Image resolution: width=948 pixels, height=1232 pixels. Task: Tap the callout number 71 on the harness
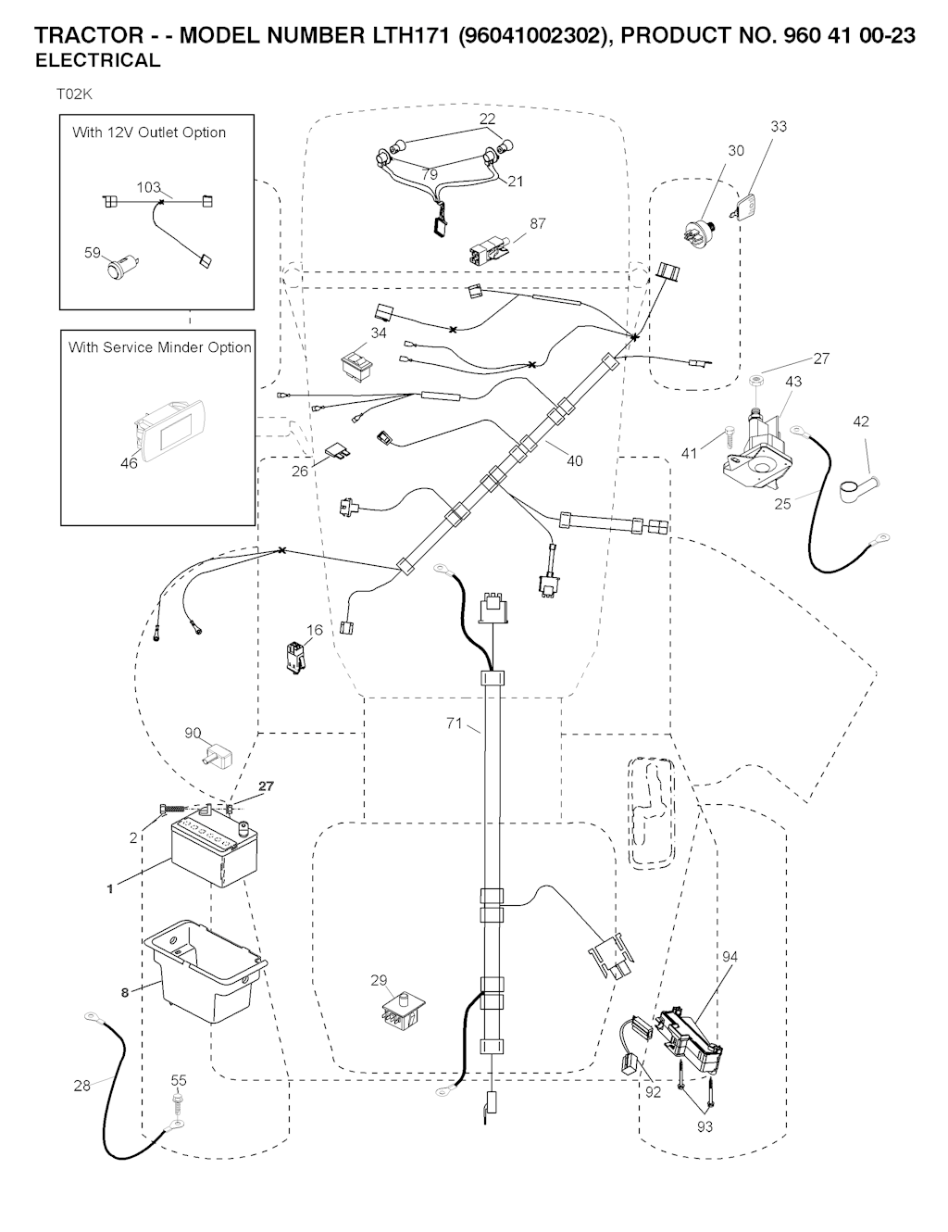[x=454, y=723]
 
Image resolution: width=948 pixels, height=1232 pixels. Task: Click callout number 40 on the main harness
[x=575, y=460]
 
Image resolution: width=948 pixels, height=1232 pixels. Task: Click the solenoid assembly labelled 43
[x=761, y=454]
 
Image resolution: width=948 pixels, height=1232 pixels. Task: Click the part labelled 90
[x=218, y=753]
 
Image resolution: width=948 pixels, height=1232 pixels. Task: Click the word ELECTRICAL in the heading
[x=97, y=61]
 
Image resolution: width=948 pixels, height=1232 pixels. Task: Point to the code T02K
[x=75, y=94]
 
